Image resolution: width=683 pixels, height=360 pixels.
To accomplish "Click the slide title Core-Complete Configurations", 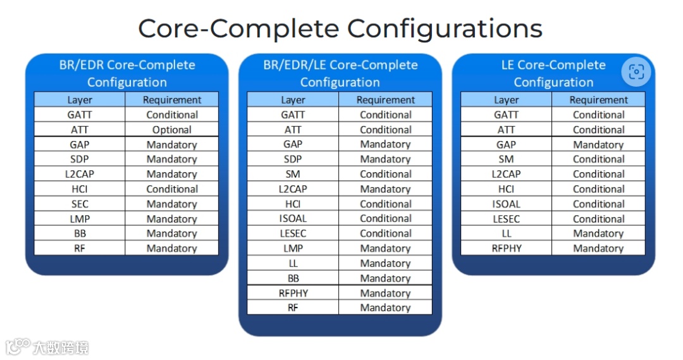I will point(340,29).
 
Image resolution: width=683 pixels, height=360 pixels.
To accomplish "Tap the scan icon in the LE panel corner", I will point(636,72).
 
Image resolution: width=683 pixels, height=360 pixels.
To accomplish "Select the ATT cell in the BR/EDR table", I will point(80,130).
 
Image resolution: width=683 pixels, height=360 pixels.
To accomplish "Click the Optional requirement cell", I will point(172,130).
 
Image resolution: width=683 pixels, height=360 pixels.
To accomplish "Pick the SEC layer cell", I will point(80,204).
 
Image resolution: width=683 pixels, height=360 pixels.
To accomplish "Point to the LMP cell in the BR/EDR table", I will point(80,219).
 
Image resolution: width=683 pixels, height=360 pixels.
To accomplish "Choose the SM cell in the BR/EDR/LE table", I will point(293,174).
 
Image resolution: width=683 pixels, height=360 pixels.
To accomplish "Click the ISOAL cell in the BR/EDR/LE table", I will point(293,219).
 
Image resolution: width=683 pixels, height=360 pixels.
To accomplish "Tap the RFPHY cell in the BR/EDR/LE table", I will point(293,293).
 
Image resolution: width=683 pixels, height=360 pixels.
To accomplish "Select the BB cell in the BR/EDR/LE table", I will point(293,278).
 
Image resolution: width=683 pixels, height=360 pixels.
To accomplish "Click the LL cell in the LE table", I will point(506,233).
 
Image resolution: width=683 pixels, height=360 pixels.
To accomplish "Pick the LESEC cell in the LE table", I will point(506,219).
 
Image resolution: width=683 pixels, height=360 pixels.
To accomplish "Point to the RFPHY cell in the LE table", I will point(506,249).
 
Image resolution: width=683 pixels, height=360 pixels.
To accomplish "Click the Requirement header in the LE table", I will point(598,100).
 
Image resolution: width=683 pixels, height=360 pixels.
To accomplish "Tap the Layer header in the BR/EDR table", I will point(80,100).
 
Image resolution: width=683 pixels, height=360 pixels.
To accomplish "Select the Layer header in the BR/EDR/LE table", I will point(293,100).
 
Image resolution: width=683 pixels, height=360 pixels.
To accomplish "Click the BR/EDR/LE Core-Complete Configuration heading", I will point(340,73).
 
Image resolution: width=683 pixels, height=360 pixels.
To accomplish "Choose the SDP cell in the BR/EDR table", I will point(80,159).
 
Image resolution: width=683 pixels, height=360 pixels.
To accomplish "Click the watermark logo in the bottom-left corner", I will point(19,347).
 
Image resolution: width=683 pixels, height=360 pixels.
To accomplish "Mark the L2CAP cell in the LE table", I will point(506,174).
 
